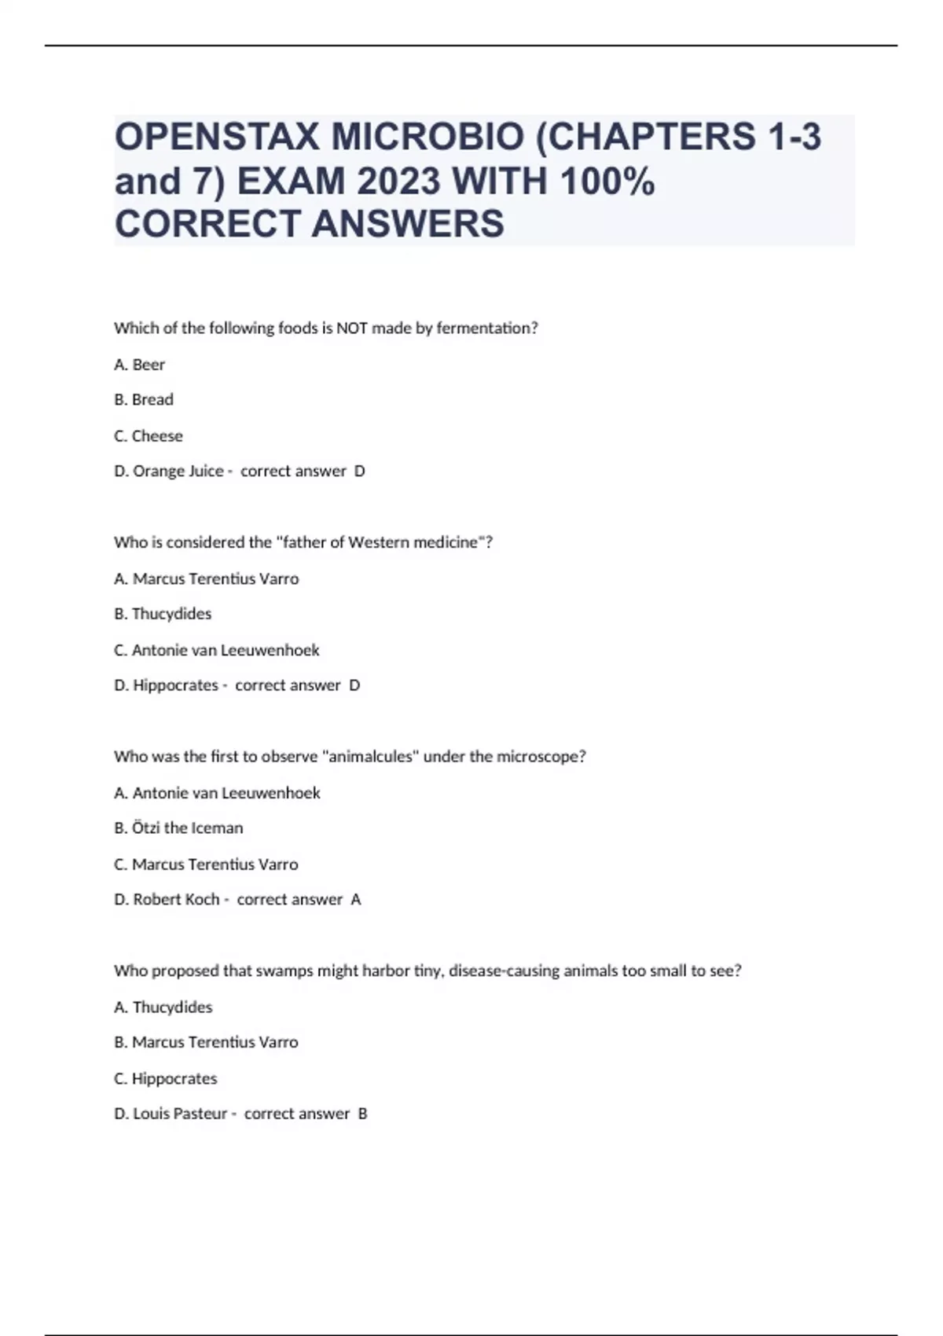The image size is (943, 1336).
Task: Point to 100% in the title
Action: coord(607,182)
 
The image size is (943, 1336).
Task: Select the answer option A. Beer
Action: coord(140,365)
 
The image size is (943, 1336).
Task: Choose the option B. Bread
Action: coord(144,400)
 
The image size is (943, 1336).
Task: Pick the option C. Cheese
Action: coord(149,436)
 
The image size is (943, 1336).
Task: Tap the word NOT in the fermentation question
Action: coord(352,328)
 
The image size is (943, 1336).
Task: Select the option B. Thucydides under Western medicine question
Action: coord(163,614)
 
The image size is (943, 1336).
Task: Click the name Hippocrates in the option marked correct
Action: coord(175,685)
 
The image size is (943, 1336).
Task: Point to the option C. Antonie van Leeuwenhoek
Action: coord(217,651)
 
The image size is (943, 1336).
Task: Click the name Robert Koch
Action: coord(176,900)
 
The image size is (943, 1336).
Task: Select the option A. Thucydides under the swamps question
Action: coord(163,1008)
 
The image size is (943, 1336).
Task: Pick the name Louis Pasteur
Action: coord(180,1114)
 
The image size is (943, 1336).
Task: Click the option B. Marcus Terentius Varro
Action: coord(207,1043)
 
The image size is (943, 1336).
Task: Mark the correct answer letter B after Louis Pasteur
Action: coord(362,1114)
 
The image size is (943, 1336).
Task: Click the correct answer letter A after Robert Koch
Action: coord(356,900)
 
